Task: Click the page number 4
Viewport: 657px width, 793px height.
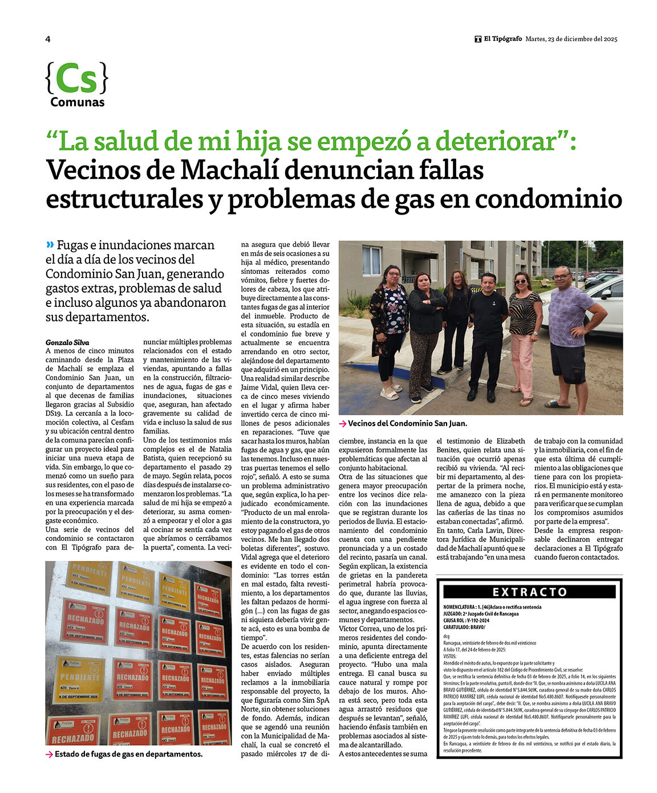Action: (48, 39)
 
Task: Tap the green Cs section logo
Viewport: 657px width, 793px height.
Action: (76, 79)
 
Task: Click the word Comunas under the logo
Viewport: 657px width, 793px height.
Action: (77, 103)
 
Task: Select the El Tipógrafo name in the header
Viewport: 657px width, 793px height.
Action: (502, 39)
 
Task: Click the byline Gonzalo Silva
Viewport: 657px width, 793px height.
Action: (67, 342)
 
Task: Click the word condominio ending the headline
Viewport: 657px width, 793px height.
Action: (548, 199)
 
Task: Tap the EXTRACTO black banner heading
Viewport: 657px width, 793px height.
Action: (529, 592)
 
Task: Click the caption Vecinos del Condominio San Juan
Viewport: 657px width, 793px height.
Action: (407, 423)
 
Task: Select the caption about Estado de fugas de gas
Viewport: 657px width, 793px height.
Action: (128, 754)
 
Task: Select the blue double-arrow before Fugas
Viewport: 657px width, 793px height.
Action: (50, 245)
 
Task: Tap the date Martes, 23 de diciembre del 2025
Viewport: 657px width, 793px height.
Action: (571, 39)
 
